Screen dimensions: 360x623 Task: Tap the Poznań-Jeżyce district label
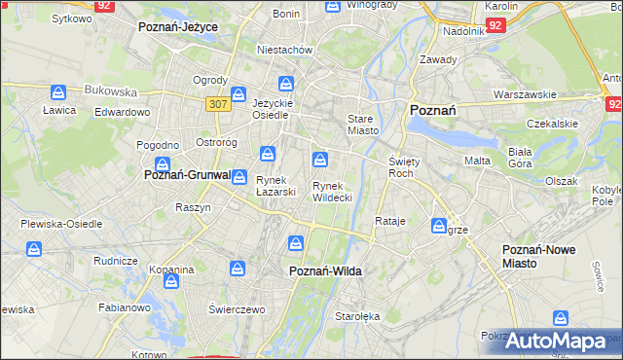[178, 26]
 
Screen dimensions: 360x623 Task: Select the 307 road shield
[217, 103]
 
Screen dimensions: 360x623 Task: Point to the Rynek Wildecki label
[332, 191]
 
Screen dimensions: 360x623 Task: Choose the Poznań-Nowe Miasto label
[537, 256]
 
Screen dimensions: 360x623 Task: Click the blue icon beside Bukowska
[58, 92]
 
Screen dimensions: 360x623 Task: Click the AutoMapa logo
[555, 342]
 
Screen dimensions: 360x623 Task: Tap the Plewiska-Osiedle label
[61, 223]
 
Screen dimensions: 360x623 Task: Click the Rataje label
[389, 221]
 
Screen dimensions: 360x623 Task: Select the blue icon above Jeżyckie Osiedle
[285, 84]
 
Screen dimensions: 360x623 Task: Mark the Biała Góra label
[526, 158]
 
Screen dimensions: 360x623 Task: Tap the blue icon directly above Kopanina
[172, 281]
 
